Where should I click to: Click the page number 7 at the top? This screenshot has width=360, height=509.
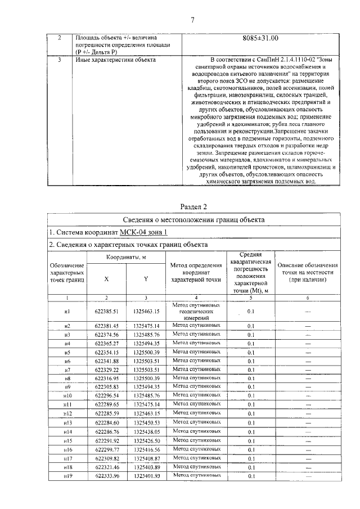pyautogui.click(x=192, y=21)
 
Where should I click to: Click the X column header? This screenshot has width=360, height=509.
pyautogui.click(x=106, y=277)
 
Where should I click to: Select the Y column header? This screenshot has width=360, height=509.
pyautogui.click(x=146, y=277)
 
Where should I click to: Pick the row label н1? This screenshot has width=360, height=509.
pyautogui.click(x=67, y=310)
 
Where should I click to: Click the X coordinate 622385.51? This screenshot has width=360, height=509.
pyautogui.click(x=106, y=310)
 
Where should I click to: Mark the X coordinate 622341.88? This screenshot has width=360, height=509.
pyautogui.click(x=106, y=361)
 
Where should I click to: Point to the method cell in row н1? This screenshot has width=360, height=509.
pyautogui.click(x=196, y=310)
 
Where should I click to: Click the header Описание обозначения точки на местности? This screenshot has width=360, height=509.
pyautogui.click(x=308, y=272)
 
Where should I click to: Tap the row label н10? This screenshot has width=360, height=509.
pyautogui.click(x=67, y=395)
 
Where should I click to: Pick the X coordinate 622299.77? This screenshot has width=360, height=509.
pyautogui.click(x=106, y=450)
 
